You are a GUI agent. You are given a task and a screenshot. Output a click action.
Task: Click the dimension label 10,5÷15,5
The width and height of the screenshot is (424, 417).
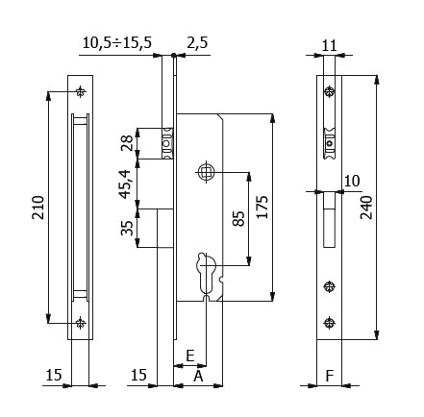point(117,42)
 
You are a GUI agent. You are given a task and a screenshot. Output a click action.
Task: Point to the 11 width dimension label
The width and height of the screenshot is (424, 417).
point(329,45)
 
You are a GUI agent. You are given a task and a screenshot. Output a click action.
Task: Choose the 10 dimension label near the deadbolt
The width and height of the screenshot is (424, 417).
point(351,180)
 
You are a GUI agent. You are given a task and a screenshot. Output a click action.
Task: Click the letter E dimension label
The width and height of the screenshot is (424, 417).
point(190,356)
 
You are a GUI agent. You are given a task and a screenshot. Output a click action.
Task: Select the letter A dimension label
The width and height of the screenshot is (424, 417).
point(197,377)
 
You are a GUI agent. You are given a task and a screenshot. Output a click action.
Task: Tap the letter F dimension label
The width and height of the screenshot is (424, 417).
point(330,377)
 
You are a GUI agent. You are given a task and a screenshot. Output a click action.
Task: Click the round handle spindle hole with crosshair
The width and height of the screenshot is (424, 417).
point(205,172)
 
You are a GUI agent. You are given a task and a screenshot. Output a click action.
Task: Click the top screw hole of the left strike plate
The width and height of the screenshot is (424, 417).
point(80,92)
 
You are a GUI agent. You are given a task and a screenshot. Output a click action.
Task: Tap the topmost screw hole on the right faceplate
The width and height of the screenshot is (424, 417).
point(330,92)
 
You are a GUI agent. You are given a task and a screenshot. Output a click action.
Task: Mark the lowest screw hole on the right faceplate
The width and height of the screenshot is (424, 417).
point(330,322)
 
